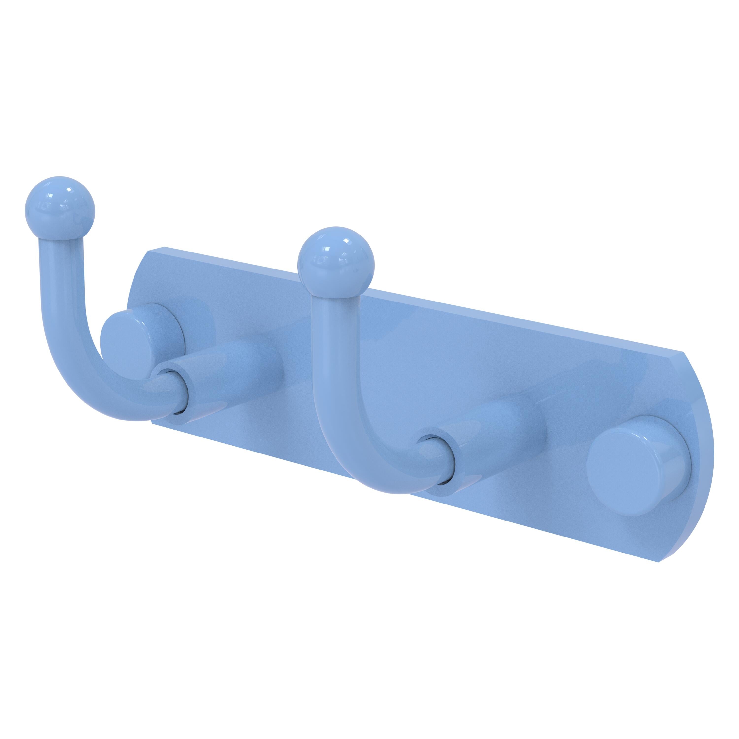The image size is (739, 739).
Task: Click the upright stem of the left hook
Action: [x=61, y=291]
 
